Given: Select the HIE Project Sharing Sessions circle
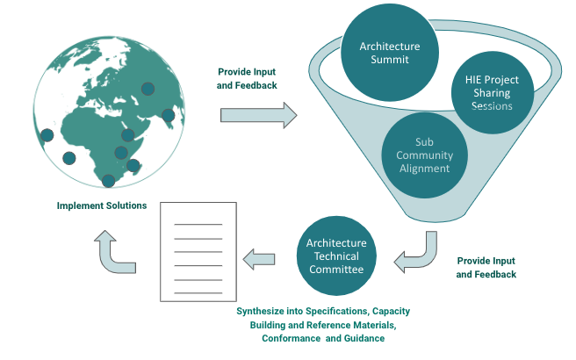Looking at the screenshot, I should pos(491,92).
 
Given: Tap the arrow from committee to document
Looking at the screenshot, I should pos(260,257).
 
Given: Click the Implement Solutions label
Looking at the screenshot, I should pos(102,206).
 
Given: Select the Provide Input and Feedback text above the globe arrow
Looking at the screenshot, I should pos(247,78).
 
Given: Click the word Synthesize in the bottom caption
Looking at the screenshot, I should pos(264,312).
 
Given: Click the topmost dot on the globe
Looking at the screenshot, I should pos(148,88).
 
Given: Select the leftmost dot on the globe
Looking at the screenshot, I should pos(47,135).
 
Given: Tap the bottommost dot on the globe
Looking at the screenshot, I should pos(108,181).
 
